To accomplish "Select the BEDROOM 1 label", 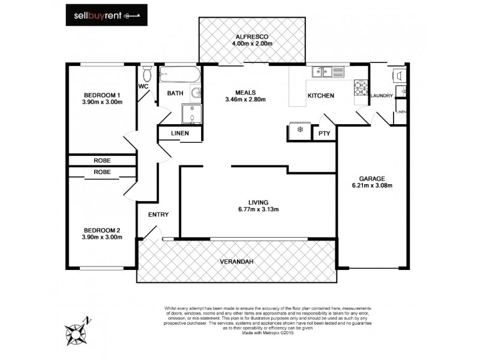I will click(102, 95).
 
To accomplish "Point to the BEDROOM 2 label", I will click(102, 230).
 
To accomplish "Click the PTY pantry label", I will click(324, 134).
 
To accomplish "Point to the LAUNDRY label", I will click(382, 96).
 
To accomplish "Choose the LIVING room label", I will click(258, 202).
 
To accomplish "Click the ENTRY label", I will click(158, 215).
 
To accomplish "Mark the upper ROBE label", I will click(101, 160).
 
